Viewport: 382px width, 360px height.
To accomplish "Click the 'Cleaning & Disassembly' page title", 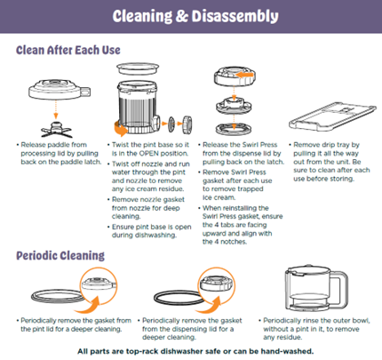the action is pyautogui.click(x=195, y=16).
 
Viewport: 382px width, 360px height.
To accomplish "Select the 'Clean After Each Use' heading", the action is pyautogui.click(x=68, y=50).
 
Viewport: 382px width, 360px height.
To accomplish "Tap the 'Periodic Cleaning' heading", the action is pyautogui.click(x=60, y=255).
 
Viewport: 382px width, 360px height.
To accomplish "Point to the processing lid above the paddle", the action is pyautogui.click(x=60, y=89).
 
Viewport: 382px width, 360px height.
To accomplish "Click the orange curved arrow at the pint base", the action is pyautogui.click(x=121, y=129).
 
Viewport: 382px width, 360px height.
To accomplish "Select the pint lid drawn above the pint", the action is pyautogui.click(x=138, y=68).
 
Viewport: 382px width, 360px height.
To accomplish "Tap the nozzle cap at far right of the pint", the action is pyautogui.click(x=187, y=124).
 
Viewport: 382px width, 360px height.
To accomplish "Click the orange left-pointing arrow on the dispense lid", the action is pyautogui.click(x=245, y=75).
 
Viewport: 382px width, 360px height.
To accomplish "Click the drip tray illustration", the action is pyautogui.click(x=332, y=116).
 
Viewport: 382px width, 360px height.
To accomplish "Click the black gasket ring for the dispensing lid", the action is pyautogui.click(x=179, y=303).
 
